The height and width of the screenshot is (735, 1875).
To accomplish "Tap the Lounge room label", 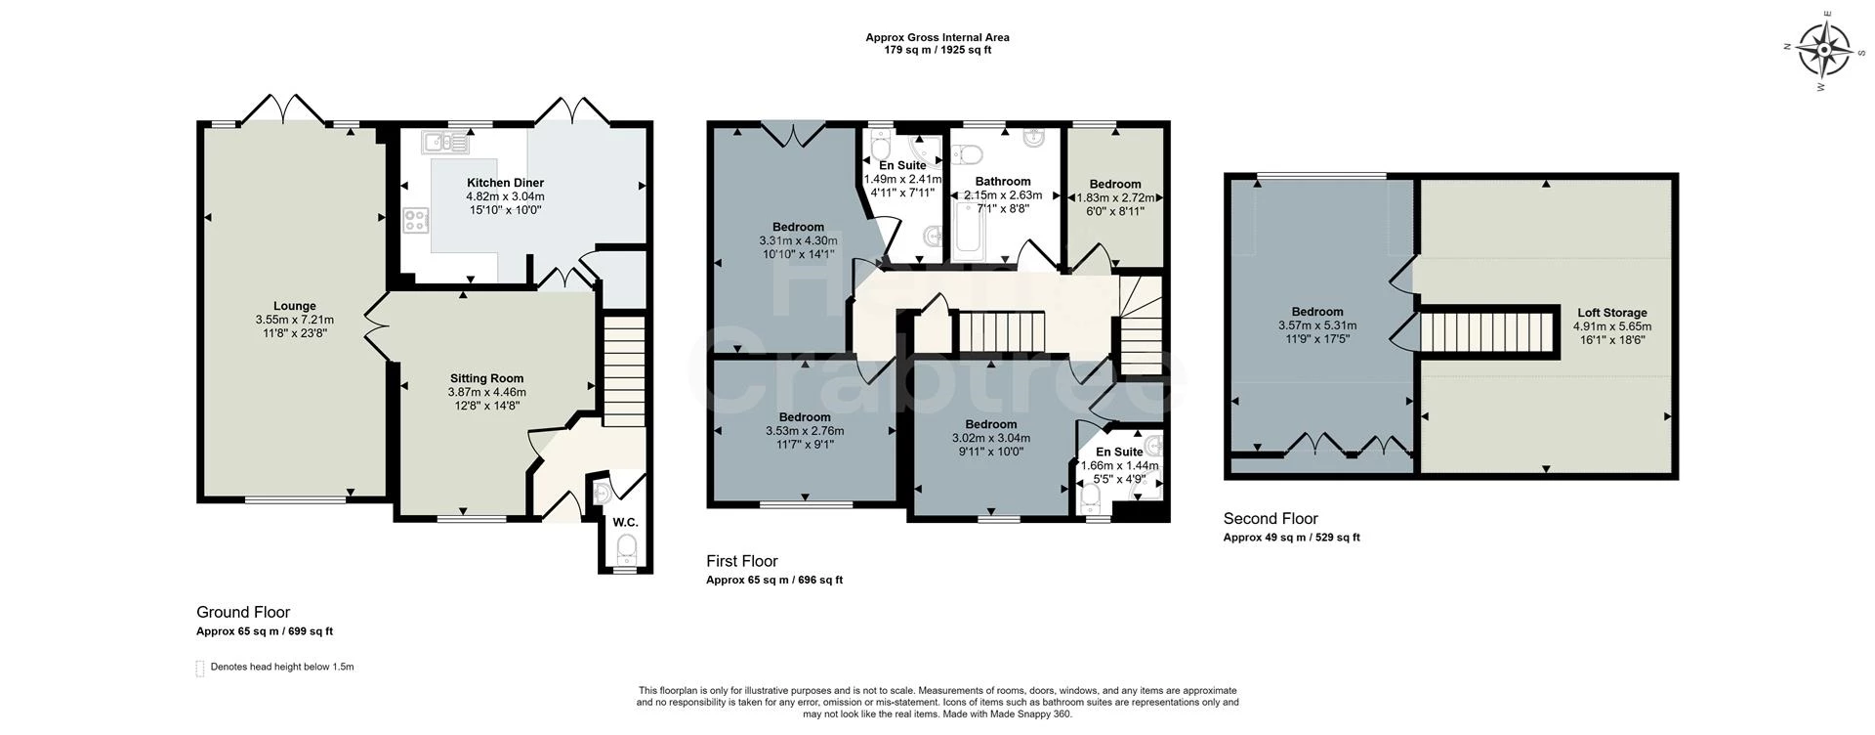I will tap(294, 306).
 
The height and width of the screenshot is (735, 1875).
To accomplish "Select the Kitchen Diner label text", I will tap(505, 183).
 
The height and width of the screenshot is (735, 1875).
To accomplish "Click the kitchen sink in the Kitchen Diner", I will tap(446, 143).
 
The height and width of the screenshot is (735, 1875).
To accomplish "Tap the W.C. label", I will tap(625, 523).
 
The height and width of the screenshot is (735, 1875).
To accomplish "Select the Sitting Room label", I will tap(486, 378).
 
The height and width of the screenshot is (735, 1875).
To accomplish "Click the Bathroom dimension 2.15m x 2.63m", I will tap(1003, 195).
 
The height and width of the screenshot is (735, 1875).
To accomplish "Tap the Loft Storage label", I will tap(1611, 313).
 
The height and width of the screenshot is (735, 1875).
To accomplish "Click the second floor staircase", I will tap(1485, 332).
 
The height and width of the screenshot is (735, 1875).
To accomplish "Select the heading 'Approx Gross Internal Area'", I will tap(937, 37).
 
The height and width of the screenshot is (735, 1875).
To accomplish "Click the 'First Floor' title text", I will tap(742, 561).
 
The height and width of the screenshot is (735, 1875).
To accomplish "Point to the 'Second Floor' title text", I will tap(1271, 519).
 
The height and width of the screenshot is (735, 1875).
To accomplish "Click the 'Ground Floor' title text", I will tap(243, 612).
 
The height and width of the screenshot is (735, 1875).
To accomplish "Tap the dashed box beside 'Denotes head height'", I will tap(200, 669).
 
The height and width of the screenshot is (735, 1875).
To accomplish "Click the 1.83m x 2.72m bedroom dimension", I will tap(1115, 197).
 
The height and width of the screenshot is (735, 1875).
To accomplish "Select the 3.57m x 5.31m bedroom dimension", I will tap(1317, 326).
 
